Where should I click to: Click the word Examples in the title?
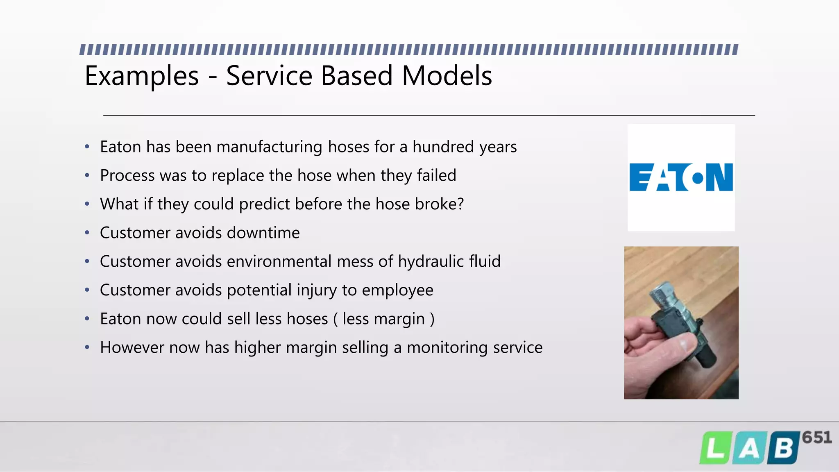tap(141, 76)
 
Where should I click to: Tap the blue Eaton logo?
tap(681, 177)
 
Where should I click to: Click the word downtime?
tap(263, 233)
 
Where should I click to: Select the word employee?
tap(397, 290)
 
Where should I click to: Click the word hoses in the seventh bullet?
tap(307, 319)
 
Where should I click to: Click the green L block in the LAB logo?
tap(715, 448)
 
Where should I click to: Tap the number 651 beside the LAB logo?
tap(816, 438)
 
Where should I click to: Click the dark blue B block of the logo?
tap(783, 448)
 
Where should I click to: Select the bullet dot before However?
tap(87, 347)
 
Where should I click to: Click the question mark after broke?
tap(460, 204)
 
